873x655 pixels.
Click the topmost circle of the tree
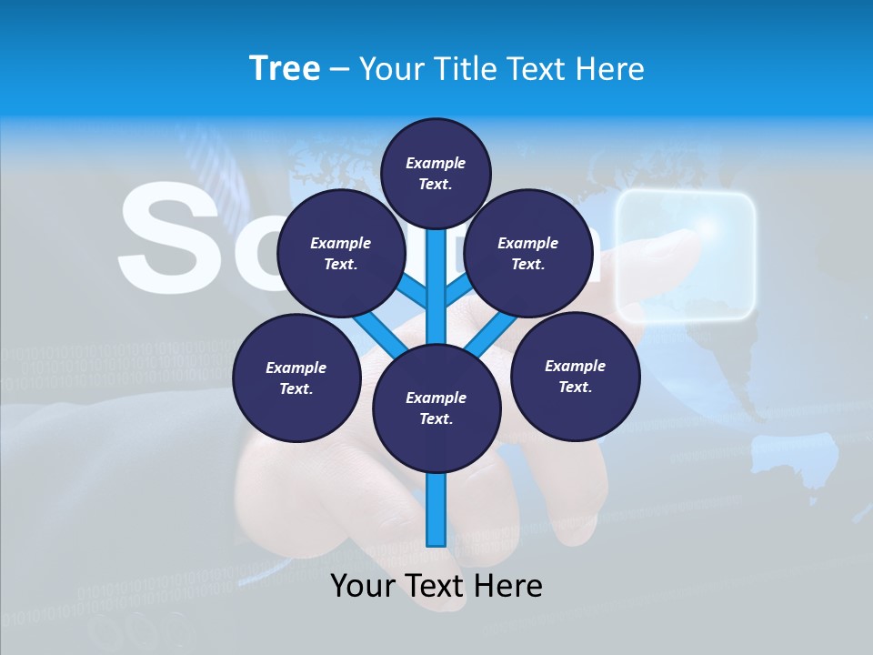pos(436,173)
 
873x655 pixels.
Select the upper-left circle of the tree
pos(340,254)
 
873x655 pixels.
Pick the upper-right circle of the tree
pos(527,254)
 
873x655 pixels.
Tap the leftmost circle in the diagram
pos(296,378)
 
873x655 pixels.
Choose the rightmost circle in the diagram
pos(575,377)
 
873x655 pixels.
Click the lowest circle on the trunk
pos(436,408)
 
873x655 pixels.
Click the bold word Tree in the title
pos(285,68)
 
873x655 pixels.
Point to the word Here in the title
pos(611,68)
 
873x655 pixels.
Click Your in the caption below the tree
pos(364,586)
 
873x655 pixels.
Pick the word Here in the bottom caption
pos(509,586)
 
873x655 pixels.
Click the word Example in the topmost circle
pos(436,163)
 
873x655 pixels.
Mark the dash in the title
pos(339,69)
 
